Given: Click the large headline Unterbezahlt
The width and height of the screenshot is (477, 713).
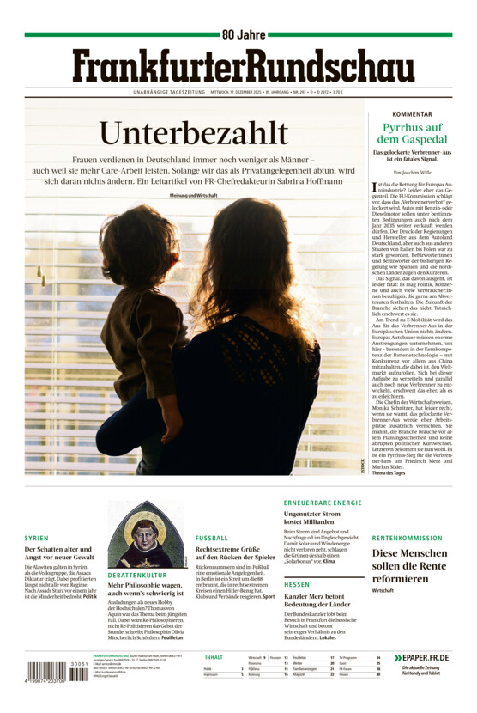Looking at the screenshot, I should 192,133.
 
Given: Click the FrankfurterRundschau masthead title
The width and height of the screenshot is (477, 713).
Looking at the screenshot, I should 243,66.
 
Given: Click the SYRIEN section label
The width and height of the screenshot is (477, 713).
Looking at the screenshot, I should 37,539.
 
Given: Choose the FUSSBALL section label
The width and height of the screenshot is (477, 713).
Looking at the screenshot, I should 211,539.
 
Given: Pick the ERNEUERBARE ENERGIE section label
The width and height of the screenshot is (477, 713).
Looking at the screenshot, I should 323,503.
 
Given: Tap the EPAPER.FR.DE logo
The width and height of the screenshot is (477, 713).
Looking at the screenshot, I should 421,658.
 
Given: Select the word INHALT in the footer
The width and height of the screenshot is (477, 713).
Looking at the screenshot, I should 214,657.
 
